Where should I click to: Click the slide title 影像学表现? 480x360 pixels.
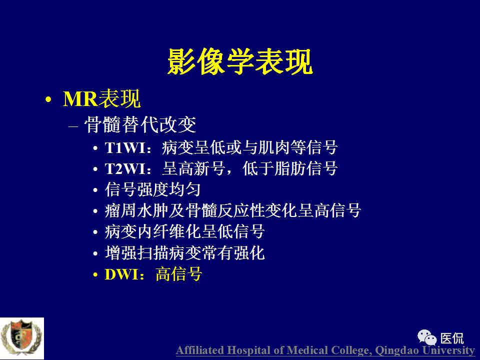[240, 62]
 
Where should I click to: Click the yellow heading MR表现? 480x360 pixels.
[101, 99]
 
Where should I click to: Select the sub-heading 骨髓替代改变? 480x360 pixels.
[140, 125]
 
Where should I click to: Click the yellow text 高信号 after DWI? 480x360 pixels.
[178, 274]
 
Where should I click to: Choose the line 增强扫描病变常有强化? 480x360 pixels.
[184, 253]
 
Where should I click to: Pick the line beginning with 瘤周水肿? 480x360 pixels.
[232, 211]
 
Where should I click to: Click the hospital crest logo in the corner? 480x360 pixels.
[21, 337]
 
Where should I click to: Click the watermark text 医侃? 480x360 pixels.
[452, 338]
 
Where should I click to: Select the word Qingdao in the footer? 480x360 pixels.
[396, 350]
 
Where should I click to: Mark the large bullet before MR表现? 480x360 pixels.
[48, 100]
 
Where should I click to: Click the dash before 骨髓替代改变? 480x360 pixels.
[73, 125]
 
